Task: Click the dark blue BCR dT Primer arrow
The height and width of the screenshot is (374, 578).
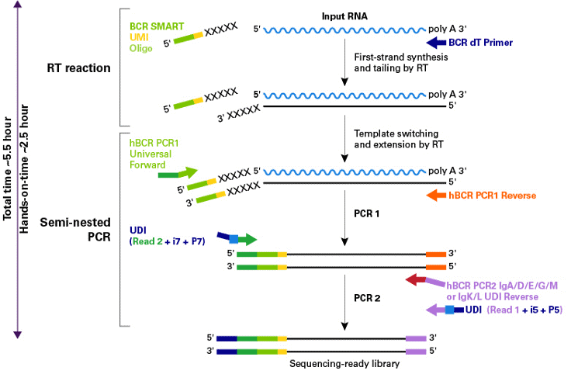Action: [x=437, y=41]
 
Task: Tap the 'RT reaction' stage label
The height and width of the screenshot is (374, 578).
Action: [x=79, y=68]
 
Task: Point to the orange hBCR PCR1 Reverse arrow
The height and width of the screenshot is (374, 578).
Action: [x=435, y=195]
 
